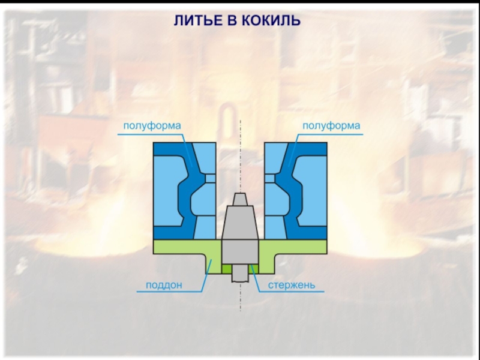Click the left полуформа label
152,126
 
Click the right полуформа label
331,126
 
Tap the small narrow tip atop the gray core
240,199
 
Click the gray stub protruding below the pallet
240,274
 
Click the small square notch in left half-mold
210,178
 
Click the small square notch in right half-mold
270,178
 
